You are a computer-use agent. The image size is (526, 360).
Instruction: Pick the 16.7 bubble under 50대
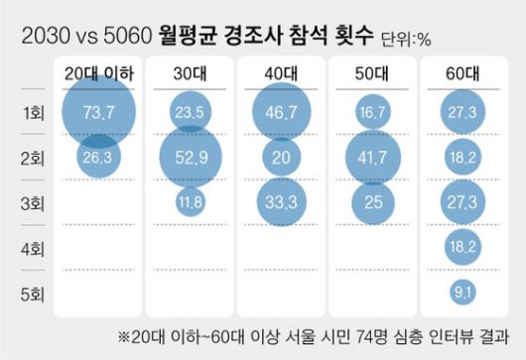[373, 114]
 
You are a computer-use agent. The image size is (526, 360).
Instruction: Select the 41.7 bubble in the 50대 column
[373, 157]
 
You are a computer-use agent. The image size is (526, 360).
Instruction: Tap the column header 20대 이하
[99, 72]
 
